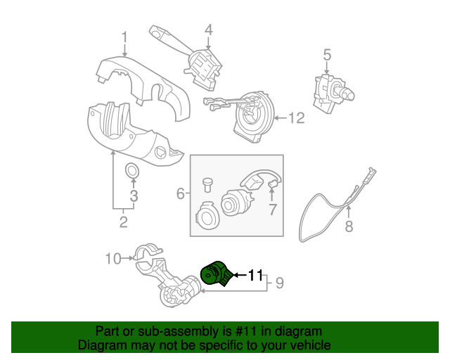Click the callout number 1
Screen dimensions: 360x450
click(x=124, y=37)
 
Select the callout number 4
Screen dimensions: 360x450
click(x=208, y=30)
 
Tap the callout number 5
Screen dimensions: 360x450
click(x=327, y=53)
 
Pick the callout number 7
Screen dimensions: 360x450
click(x=272, y=210)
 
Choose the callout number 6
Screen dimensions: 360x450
click(x=181, y=193)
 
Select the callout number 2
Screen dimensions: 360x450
click(x=123, y=223)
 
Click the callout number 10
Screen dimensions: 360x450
click(x=113, y=259)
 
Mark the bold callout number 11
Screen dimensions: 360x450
click(x=255, y=275)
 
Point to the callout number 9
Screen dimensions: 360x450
click(x=278, y=283)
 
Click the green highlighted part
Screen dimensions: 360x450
click(x=216, y=274)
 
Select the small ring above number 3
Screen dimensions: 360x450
click(x=131, y=171)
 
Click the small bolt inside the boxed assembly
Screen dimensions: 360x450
click(x=207, y=184)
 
